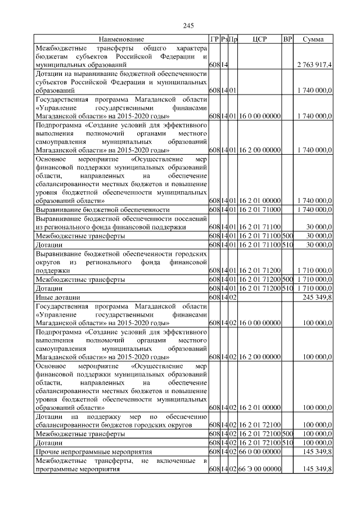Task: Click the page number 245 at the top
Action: [188, 26]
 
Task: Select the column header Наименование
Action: [121, 39]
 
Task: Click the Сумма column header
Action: [313, 39]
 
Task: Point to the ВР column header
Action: [287, 39]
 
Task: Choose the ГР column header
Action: [214, 39]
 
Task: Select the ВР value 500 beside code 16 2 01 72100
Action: [287, 435]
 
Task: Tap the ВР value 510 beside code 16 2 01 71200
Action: [287, 288]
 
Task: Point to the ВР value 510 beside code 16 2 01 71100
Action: [287, 245]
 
